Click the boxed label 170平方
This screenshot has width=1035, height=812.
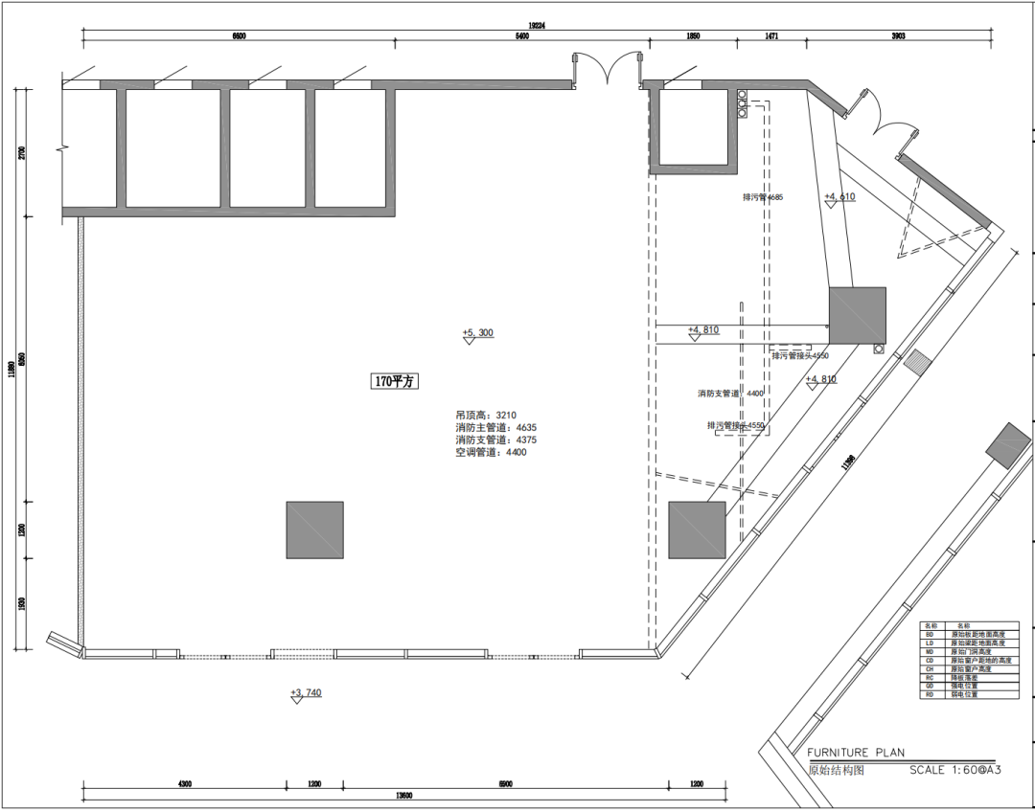(x=396, y=381)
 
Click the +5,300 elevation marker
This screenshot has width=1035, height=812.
(x=477, y=333)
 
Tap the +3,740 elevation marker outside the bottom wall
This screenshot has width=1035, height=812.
(x=306, y=693)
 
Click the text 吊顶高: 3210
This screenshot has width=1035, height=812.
(x=486, y=416)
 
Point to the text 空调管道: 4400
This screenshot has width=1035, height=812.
(x=491, y=452)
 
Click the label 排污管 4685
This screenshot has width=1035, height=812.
(x=762, y=197)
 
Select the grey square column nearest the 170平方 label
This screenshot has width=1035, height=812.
(x=314, y=530)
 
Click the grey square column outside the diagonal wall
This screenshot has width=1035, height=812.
(x=1007, y=445)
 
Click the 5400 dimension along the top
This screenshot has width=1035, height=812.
(x=521, y=36)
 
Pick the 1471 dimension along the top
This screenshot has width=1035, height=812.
(x=770, y=36)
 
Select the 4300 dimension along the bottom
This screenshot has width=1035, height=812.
(x=184, y=784)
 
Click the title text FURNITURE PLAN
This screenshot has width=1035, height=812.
(x=855, y=753)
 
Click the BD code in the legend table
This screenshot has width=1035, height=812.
(x=929, y=634)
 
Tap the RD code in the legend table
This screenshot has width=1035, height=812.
(x=929, y=694)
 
